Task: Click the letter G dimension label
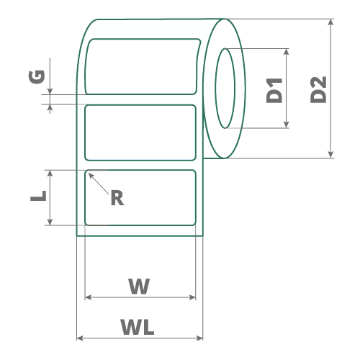37,77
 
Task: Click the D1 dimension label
274,91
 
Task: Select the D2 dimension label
318,90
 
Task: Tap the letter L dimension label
38,196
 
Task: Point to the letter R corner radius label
117,198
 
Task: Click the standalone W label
139,286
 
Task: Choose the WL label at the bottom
138,327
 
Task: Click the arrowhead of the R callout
91,175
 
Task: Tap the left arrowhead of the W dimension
88,297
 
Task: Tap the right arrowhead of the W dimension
192,297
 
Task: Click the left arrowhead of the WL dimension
80,338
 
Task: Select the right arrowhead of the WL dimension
199,338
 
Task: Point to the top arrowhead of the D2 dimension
330,22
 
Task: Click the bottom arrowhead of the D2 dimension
330,155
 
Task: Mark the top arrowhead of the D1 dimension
286,52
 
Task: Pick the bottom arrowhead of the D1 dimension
286,125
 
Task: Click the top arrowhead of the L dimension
50,174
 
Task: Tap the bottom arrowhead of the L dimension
50,222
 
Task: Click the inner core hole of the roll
225,89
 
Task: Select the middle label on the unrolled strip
140,132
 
